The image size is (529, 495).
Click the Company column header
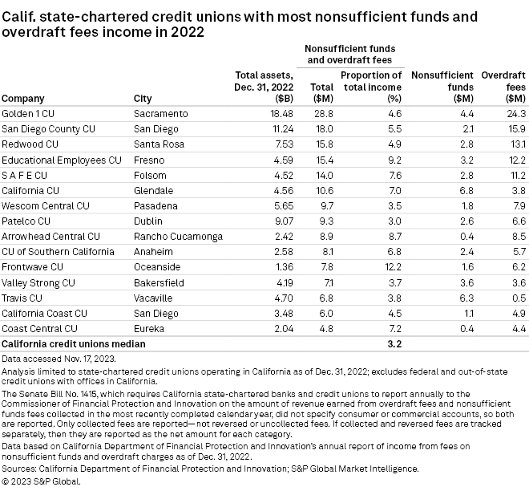click(22, 99)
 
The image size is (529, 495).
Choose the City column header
click(142, 99)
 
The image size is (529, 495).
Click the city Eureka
click(149, 328)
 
